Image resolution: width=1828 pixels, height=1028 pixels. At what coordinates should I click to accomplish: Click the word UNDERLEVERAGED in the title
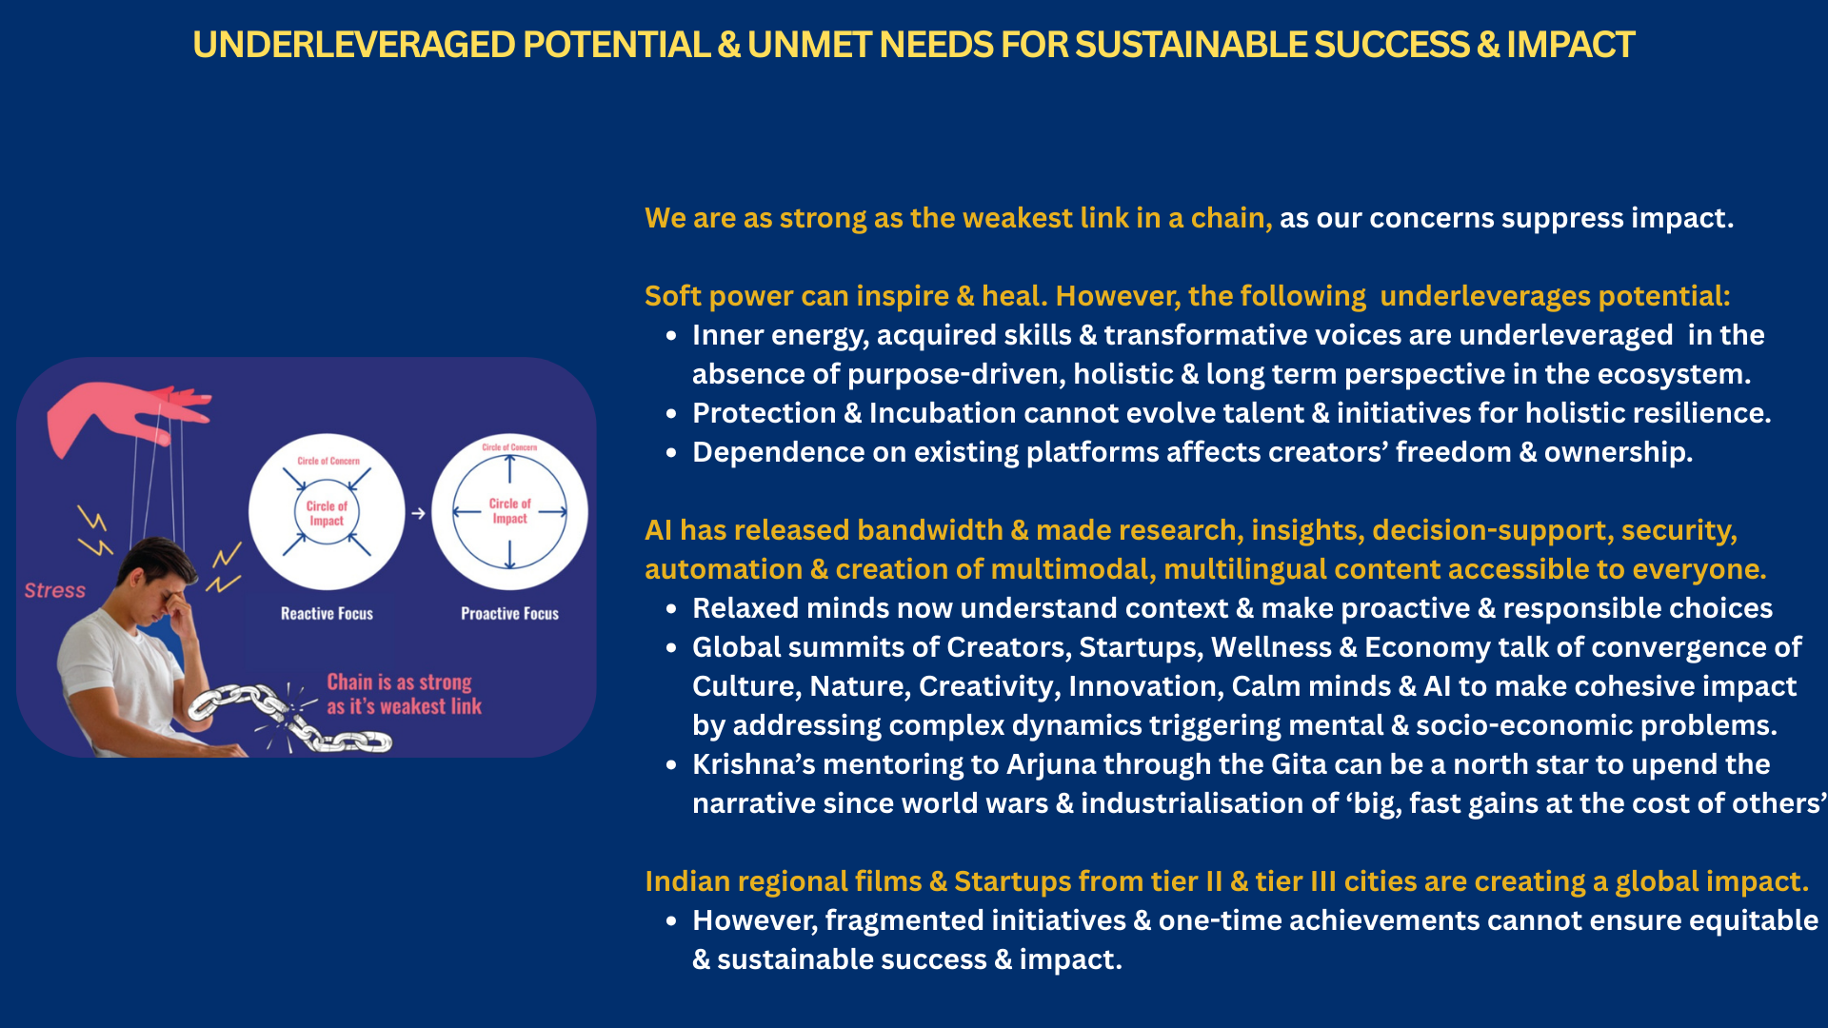[x=354, y=45]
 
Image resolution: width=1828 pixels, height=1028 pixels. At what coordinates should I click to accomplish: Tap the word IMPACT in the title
[x=1570, y=45]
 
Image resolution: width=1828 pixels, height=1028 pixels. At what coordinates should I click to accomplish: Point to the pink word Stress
[x=55, y=590]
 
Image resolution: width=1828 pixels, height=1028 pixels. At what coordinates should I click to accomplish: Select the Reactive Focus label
[x=327, y=614]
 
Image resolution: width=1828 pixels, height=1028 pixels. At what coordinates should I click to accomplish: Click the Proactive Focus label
[x=509, y=614]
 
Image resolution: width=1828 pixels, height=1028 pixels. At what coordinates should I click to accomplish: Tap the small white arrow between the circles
[x=418, y=513]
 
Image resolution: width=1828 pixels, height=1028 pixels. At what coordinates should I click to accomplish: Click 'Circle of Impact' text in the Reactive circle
[x=327, y=513]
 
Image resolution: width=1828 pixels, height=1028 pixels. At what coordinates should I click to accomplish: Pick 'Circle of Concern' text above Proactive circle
[x=509, y=446]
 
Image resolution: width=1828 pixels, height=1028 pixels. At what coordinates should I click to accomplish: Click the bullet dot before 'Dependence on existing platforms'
[x=671, y=453]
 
